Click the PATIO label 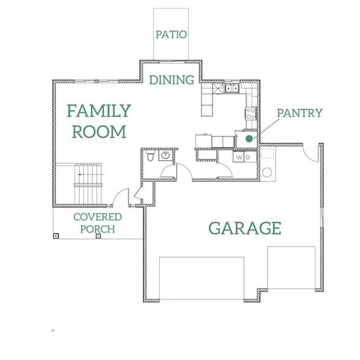[x=171, y=34]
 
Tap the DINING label [x=171, y=80]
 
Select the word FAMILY [x=99, y=111]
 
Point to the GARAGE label [x=245, y=228]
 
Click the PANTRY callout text [x=299, y=113]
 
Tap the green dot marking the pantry [x=249, y=138]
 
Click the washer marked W [x=239, y=157]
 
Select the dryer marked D [x=250, y=157]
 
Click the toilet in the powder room [x=150, y=156]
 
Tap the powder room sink [x=165, y=156]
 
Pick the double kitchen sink [x=231, y=88]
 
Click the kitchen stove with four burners [x=251, y=113]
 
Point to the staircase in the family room [x=88, y=183]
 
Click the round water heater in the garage [x=267, y=173]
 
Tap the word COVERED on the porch [x=97, y=217]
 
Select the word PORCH [x=97, y=229]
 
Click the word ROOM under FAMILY [x=99, y=132]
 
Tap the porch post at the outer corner [x=56, y=236]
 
